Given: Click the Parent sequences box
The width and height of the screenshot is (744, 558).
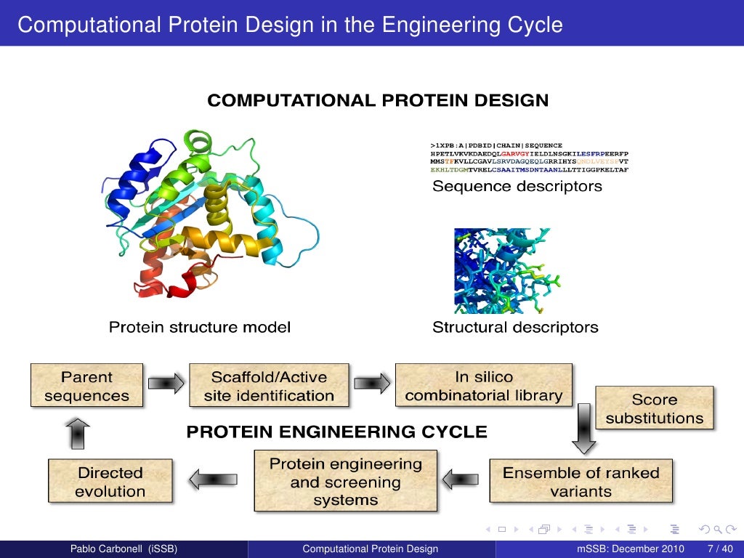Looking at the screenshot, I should pos(86,386).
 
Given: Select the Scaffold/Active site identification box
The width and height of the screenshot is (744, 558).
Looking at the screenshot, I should pos(269,386).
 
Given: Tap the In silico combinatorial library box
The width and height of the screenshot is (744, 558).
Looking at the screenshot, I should pos(483,386).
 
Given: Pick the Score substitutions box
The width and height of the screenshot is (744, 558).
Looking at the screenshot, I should pos(654,408).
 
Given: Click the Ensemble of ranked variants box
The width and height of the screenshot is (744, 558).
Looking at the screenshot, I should pos(581,481).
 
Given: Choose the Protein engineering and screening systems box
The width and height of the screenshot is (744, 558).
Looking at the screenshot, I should pos(345,482).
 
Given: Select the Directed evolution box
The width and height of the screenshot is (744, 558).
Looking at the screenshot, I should pos(110,481).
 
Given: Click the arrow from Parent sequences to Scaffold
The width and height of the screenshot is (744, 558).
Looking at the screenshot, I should pos(166,382).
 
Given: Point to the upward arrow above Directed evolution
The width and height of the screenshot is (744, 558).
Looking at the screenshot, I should pos(78,434).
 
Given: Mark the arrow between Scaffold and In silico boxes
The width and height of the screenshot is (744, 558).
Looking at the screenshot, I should pos(372,382).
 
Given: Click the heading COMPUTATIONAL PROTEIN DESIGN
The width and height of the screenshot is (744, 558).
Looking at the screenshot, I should pos(378,101).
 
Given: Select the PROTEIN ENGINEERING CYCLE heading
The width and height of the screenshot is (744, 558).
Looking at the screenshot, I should pos(336,432).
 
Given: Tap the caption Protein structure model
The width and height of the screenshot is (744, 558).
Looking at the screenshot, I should pos(199,328).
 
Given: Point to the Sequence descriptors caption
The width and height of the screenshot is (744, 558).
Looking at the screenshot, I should pos(517,187).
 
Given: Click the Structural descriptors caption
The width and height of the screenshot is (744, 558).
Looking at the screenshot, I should pos(515,328).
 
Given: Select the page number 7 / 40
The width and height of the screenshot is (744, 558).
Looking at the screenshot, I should pos(719,549).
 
